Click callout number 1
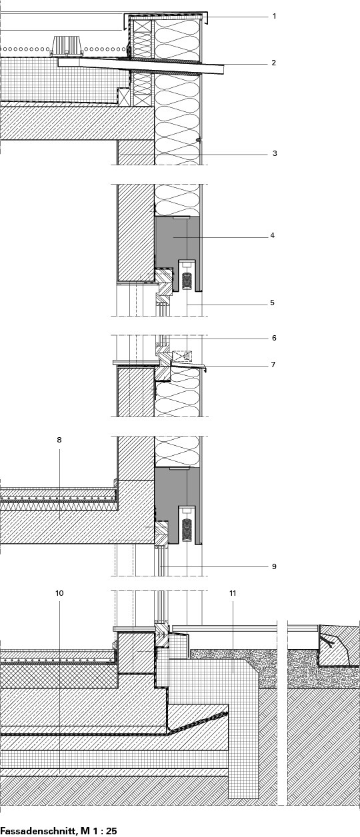tap(275, 16)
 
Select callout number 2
tap(274, 63)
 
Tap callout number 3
tap(275, 153)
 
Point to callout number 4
tap(273, 235)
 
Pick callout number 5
tap(272, 303)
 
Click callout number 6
tap(274, 338)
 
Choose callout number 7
tap(273, 365)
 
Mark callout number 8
tap(59, 440)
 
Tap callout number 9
tap(274, 566)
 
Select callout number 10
tap(59, 593)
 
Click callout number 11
tap(233, 593)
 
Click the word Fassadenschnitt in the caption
tap(39, 831)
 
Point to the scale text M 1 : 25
tap(99, 831)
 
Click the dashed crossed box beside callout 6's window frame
tap(183, 356)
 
